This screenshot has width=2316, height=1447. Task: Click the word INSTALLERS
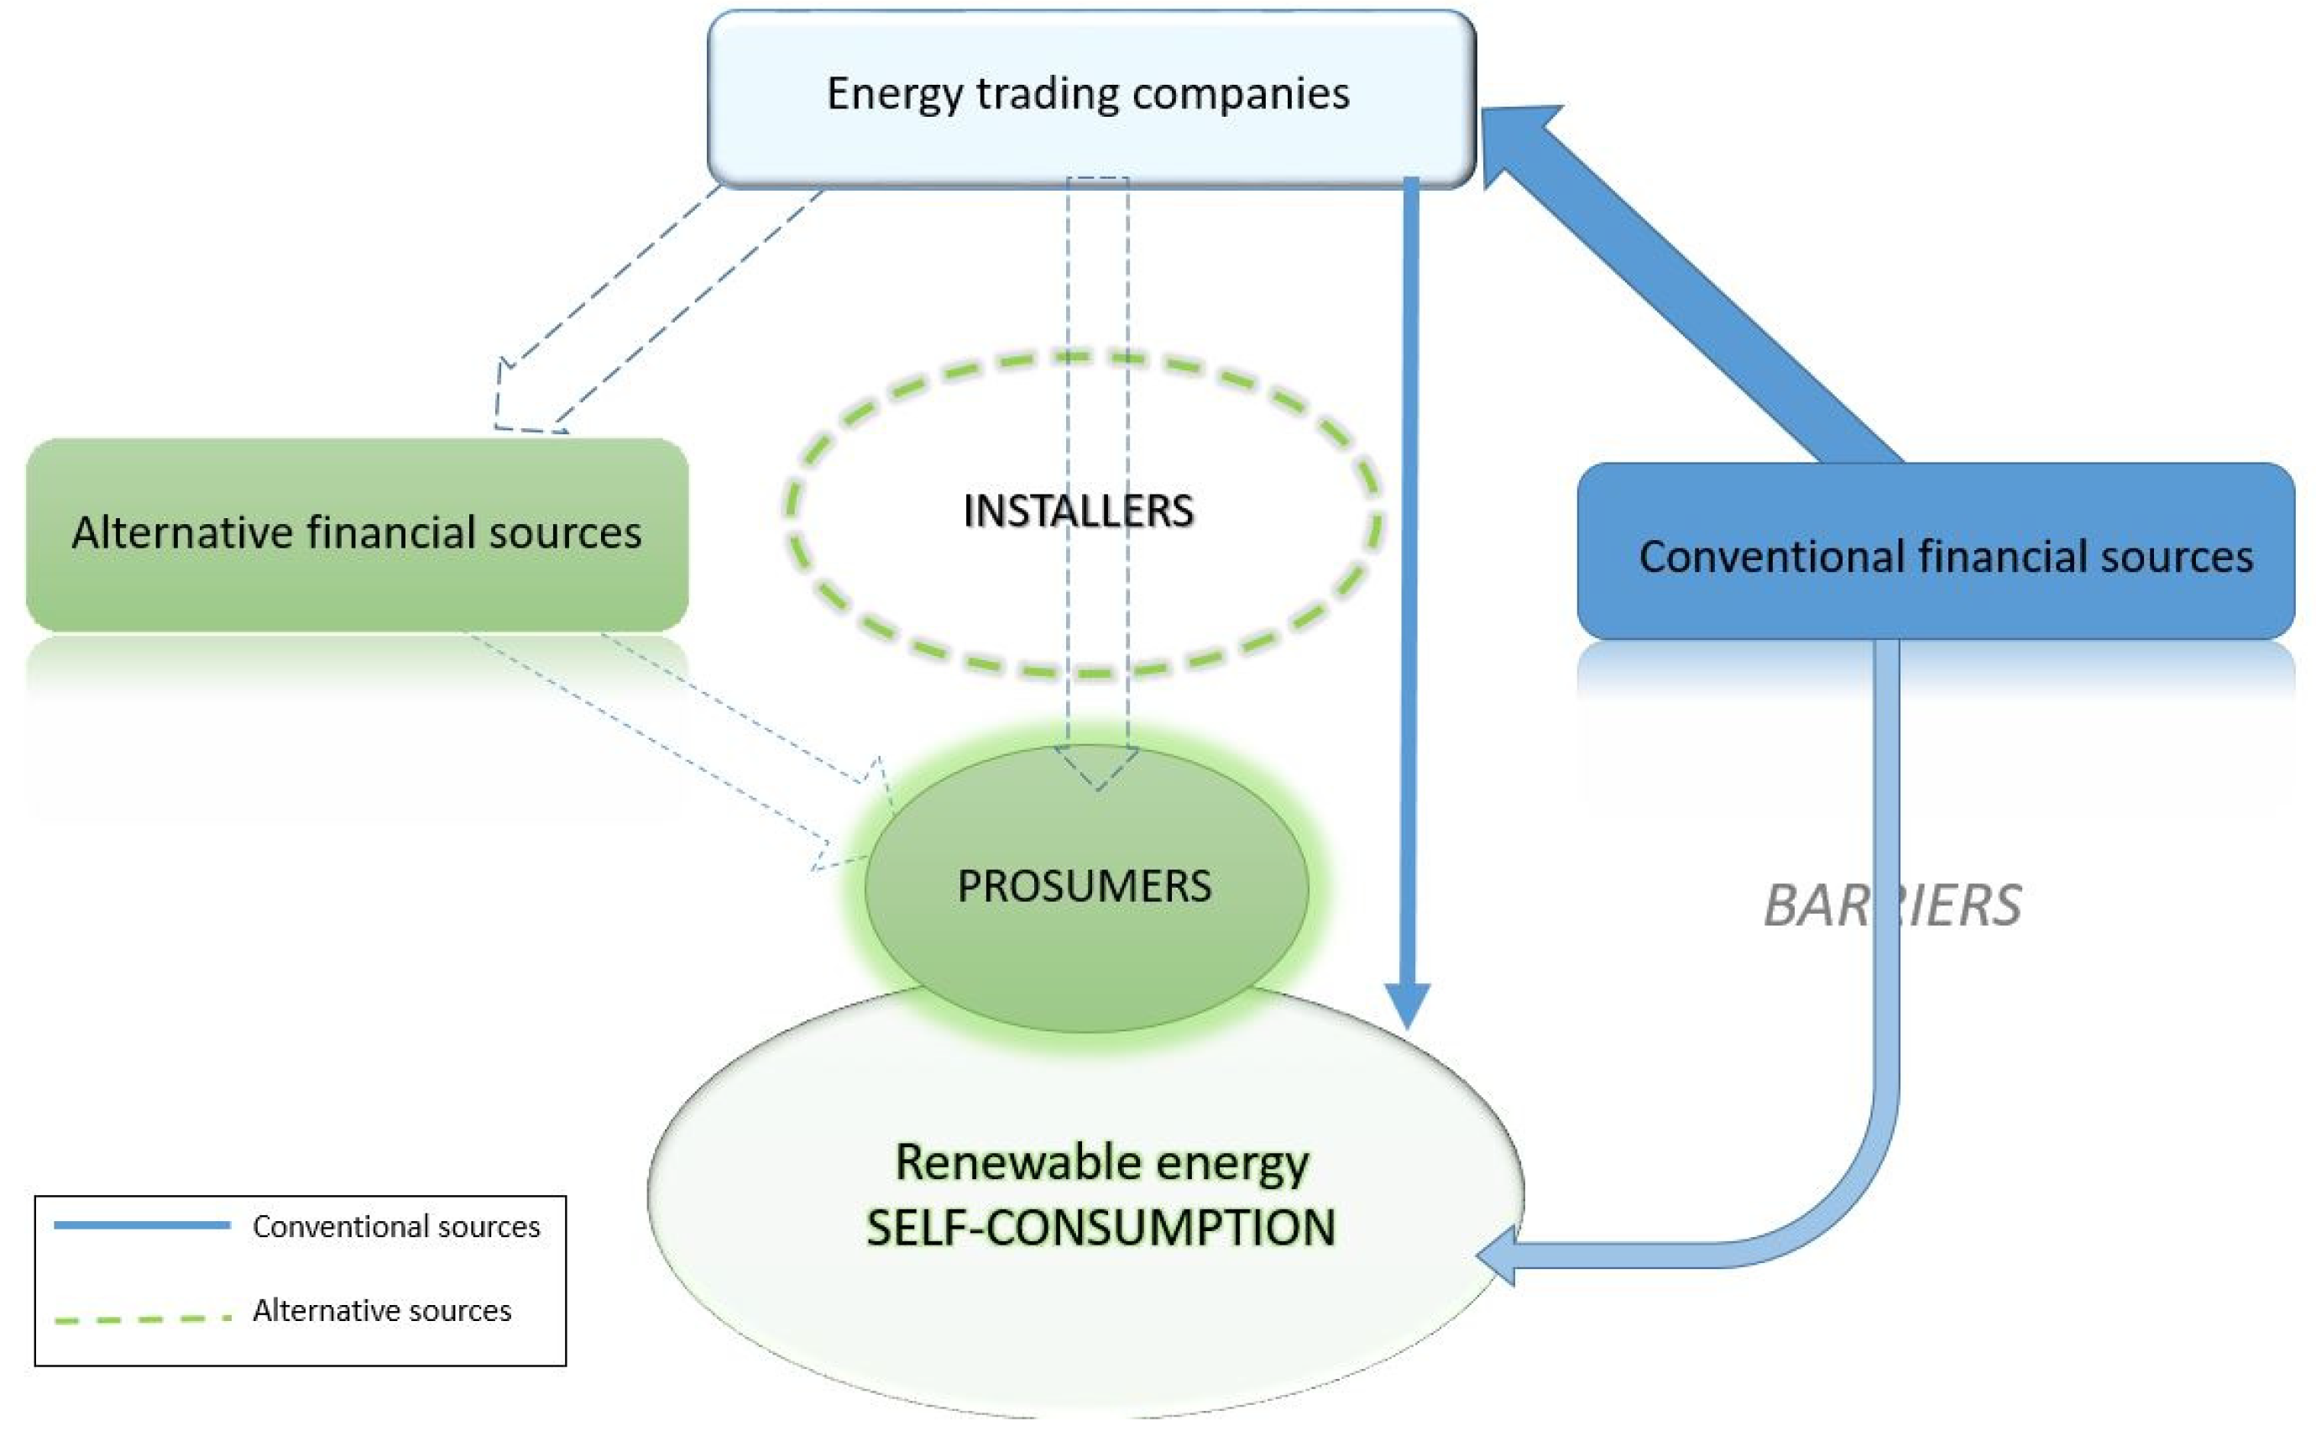pos(1078,511)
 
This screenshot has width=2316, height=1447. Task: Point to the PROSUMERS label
pos(1084,886)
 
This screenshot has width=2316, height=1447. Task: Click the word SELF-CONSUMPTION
pos(1100,1228)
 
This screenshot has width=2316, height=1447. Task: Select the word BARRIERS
pos(1891,905)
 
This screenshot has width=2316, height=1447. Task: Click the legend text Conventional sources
pos(396,1227)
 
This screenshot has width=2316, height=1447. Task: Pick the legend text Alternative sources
pos(382,1310)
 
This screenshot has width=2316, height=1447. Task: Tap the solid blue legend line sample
pos(142,1225)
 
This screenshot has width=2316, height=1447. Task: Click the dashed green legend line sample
pos(142,1319)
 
